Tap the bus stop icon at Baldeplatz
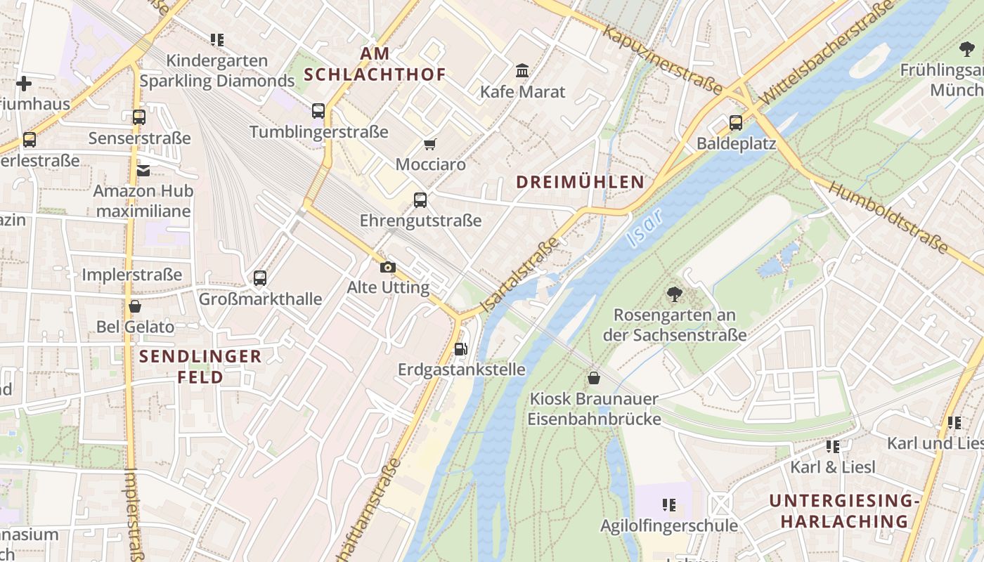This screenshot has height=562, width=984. point(736,123)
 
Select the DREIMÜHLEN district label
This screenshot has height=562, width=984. point(580,182)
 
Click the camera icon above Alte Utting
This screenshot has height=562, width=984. point(387,267)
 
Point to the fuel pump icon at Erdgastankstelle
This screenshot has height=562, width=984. point(461,348)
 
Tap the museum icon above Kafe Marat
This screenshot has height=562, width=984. point(522,71)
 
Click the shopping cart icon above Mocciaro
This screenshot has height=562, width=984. point(430,144)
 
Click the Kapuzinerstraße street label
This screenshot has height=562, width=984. point(663,61)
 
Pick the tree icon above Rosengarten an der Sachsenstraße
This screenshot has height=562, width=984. point(674,294)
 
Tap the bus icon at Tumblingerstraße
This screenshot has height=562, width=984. point(318,111)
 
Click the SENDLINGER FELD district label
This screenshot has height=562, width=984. point(200,367)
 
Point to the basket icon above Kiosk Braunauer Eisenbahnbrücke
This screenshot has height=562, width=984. point(594,378)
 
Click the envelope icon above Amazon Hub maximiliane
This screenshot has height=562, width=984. point(143,170)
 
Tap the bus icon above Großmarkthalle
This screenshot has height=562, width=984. point(260,278)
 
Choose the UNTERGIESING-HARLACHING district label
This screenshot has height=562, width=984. point(844,511)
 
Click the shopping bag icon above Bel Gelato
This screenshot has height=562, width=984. point(135,306)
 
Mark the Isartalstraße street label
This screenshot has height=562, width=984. point(520,275)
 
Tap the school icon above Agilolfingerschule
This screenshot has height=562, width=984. point(668,504)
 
